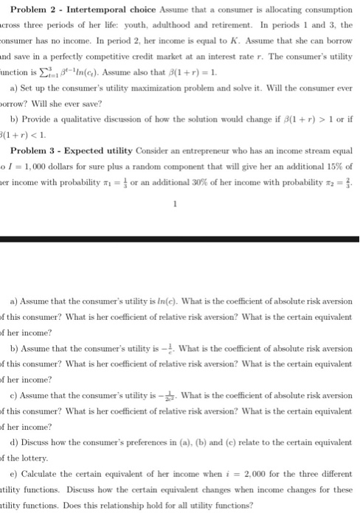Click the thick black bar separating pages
pos(180,238)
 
